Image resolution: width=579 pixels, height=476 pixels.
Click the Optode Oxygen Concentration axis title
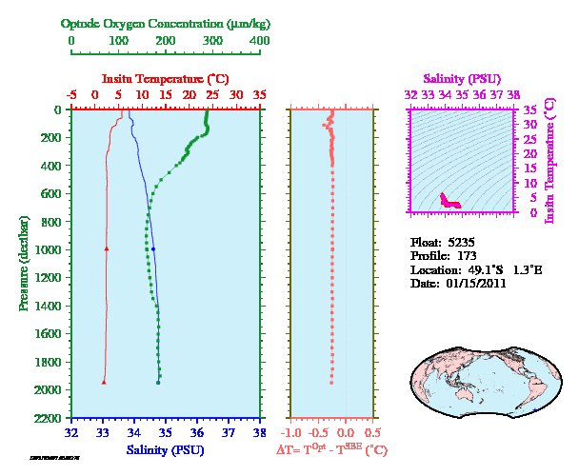[x=166, y=23]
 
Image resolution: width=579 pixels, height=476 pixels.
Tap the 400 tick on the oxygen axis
[x=259, y=41]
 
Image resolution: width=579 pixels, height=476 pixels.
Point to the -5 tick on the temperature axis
[x=72, y=95]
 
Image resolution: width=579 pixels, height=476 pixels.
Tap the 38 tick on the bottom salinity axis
[x=259, y=432]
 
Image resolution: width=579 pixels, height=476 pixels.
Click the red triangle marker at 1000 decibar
[x=106, y=248]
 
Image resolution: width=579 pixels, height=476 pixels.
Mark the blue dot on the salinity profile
[x=152, y=248]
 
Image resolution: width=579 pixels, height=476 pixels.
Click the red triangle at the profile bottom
[x=103, y=382]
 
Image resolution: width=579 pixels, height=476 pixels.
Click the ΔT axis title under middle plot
[x=331, y=449]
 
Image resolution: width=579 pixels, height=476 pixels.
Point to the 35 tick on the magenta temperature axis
[x=531, y=109]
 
